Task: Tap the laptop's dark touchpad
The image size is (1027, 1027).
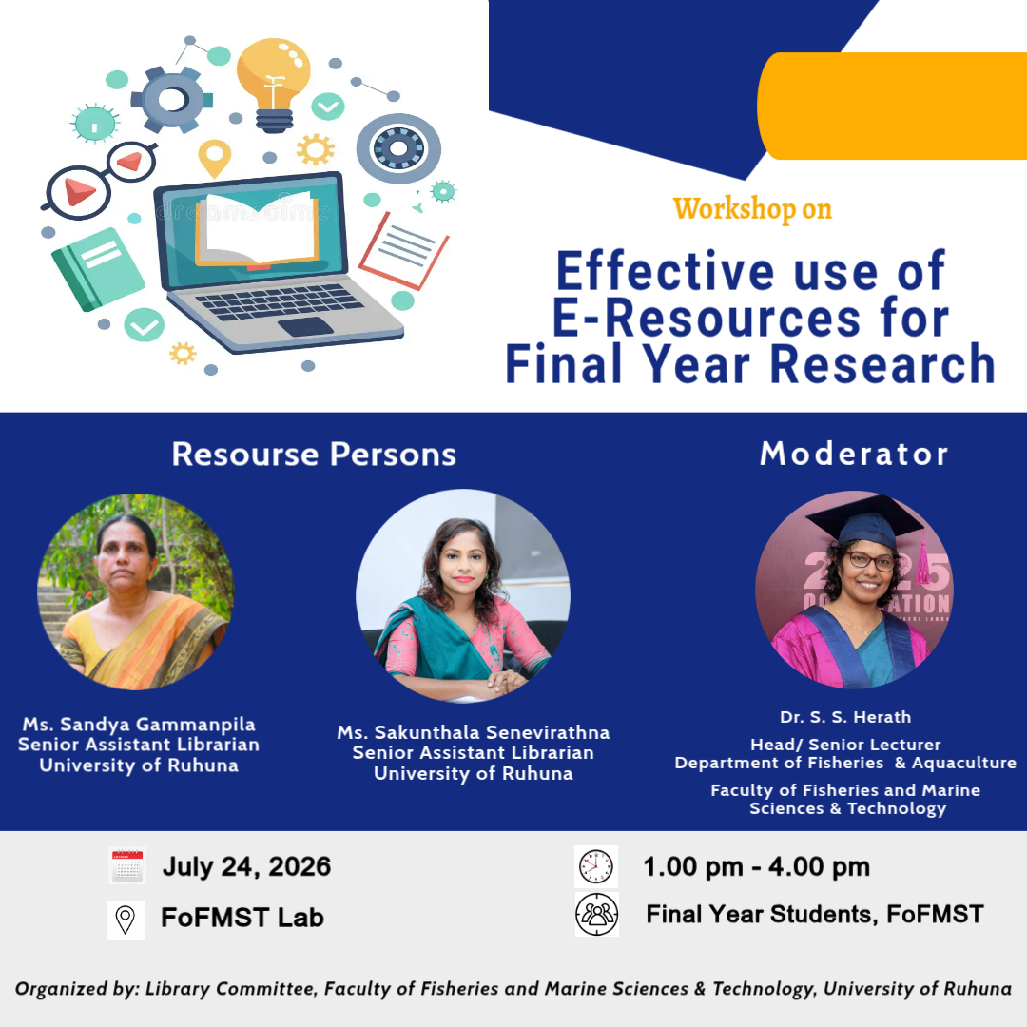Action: pyautogui.click(x=306, y=326)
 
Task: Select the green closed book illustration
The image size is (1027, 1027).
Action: pyautogui.click(x=98, y=268)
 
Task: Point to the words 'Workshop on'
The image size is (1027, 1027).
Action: pyautogui.click(x=752, y=209)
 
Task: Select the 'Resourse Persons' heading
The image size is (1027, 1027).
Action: pyautogui.click(x=314, y=454)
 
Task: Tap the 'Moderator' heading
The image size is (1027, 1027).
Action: pyautogui.click(x=854, y=454)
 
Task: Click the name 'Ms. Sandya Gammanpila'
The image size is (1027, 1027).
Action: pyautogui.click(x=139, y=724)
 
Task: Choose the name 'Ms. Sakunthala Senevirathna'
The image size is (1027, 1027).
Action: pyautogui.click(x=474, y=732)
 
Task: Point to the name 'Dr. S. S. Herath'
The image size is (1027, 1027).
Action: pyautogui.click(x=845, y=717)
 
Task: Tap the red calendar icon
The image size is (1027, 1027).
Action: pyautogui.click(x=127, y=865)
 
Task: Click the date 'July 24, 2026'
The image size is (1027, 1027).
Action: pyautogui.click(x=247, y=866)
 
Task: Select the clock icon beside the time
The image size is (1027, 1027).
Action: pyautogui.click(x=596, y=866)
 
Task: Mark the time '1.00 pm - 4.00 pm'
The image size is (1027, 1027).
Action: pyautogui.click(x=757, y=866)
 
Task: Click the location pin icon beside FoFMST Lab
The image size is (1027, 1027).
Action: pyautogui.click(x=126, y=920)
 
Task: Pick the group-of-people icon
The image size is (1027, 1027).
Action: pyautogui.click(x=596, y=915)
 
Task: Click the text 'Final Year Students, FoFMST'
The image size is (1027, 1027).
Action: pyautogui.click(x=815, y=915)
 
